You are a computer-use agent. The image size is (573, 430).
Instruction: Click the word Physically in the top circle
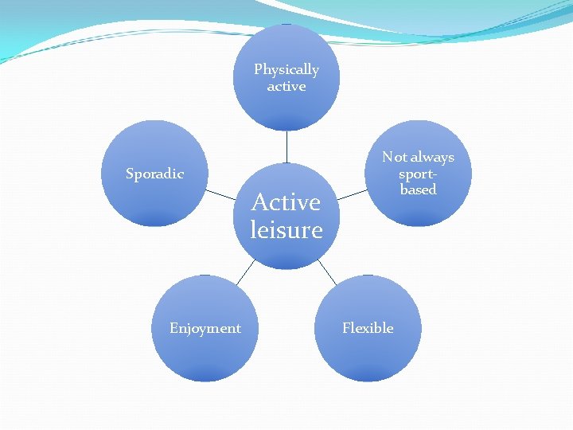[286, 70]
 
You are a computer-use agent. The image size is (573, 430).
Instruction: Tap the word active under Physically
[286, 86]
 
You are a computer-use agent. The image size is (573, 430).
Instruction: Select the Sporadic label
[155, 174]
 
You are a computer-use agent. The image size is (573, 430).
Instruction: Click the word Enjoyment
[205, 328]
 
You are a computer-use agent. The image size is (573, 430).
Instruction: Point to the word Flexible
[368, 328]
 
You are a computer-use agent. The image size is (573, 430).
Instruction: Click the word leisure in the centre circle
[286, 230]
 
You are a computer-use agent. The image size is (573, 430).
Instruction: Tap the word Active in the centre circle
[286, 202]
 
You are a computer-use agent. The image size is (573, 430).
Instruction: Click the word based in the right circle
[419, 190]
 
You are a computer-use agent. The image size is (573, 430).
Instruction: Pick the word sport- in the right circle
[419, 174]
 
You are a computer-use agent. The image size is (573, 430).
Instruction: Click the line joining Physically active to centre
[286, 147]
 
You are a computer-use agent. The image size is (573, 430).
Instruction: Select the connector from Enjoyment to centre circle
[245, 272]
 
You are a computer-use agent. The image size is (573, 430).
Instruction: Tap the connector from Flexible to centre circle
[327, 272]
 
